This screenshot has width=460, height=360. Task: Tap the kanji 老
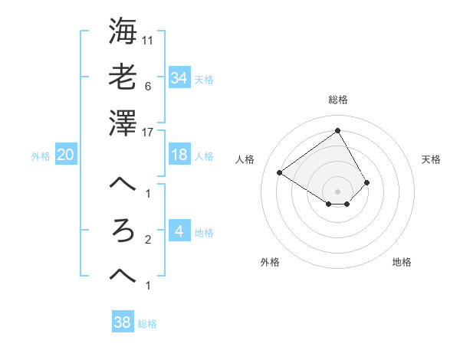tap(123, 77)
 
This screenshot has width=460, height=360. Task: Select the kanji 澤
tap(123, 123)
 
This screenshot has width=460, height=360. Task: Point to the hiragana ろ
tap(123, 231)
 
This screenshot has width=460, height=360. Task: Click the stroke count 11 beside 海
tap(148, 39)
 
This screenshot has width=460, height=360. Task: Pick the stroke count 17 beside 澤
tap(148, 132)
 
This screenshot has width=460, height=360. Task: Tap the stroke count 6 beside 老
tap(147, 86)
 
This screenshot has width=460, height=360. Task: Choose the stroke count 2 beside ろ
tap(147, 240)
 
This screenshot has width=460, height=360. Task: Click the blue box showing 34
tap(179, 77)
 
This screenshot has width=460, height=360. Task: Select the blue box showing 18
tap(179, 155)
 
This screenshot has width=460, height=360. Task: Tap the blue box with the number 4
tap(179, 231)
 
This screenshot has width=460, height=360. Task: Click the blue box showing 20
tap(65, 155)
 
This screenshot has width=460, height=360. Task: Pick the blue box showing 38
tap(122, 323)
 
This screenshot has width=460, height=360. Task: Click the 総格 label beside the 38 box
tap(147, 324)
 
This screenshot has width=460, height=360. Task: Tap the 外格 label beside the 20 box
tap(41, 155)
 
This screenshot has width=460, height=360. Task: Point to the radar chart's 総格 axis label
tap(338, 100)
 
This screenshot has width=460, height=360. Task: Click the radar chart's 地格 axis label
tap(402, 262)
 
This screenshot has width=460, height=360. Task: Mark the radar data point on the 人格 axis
tap(280, 172)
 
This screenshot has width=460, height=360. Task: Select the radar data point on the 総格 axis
tap(338, 130)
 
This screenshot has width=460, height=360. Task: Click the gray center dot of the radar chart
tap(338, 191)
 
